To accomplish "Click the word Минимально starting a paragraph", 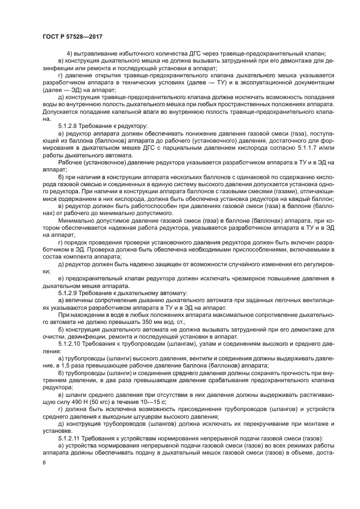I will pyautogui.click(x=76, y=220).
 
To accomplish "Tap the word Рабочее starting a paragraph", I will pyautogui.click(x=70, y=163).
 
